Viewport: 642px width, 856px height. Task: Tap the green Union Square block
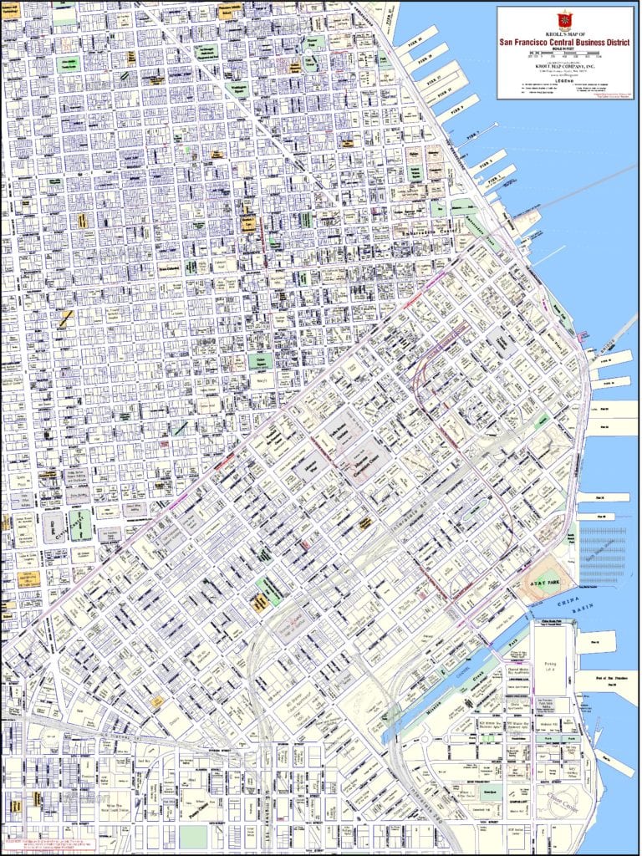click(x=258, y=361)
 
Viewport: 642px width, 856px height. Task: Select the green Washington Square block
click(x=312, y=62)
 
